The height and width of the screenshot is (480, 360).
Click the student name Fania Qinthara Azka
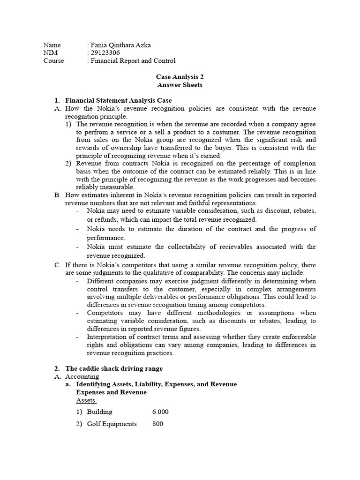coord(120,45)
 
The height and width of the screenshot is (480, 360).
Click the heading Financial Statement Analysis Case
coord(118,100)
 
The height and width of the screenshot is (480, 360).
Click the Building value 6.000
coord(160,412)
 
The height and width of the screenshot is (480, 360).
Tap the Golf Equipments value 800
coord(157,424)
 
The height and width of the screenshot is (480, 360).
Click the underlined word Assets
coord(86,400)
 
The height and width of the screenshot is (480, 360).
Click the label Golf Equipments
coord(112,424)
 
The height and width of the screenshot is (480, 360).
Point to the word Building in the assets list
coord(100,412)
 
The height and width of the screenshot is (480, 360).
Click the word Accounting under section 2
coord(82,376)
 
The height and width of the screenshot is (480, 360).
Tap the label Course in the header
coord(54,61)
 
